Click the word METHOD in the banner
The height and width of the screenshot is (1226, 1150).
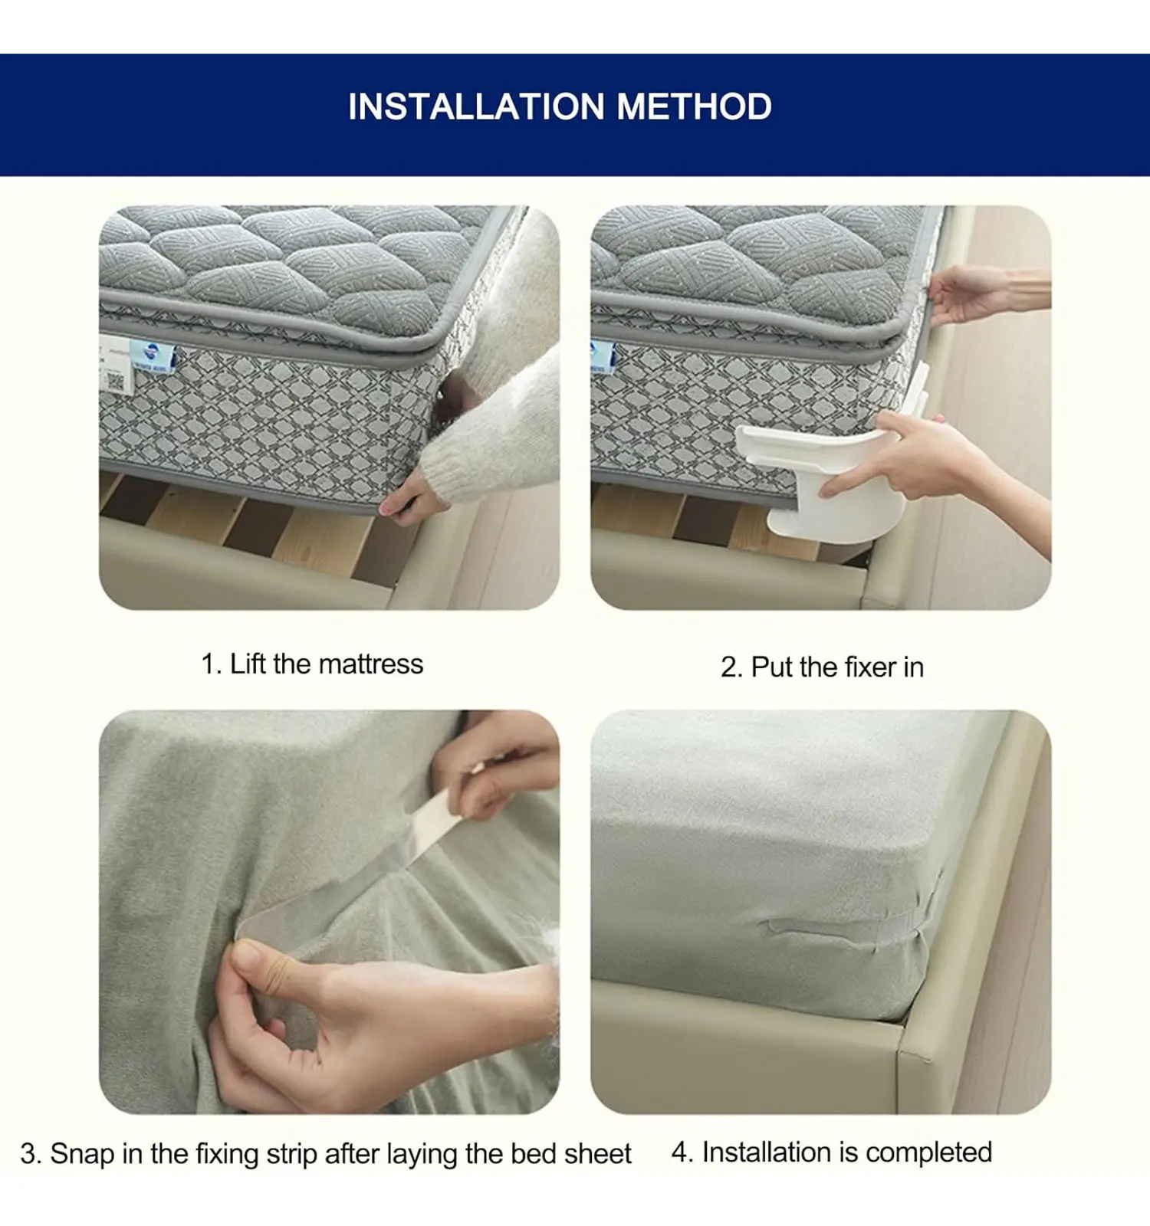coord(694,107)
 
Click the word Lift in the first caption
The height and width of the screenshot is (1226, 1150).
coord(248,664)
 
